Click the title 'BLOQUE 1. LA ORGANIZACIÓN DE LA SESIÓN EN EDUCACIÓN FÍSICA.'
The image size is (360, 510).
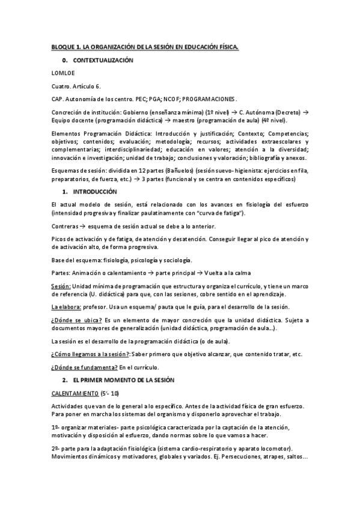coord(145,48)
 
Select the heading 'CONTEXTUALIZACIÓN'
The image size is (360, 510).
coord(103,61)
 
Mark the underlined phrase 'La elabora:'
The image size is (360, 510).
coord(65,307)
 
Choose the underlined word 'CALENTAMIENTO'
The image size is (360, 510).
coord(74,394)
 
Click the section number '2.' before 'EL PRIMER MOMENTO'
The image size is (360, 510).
coord(65,381)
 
